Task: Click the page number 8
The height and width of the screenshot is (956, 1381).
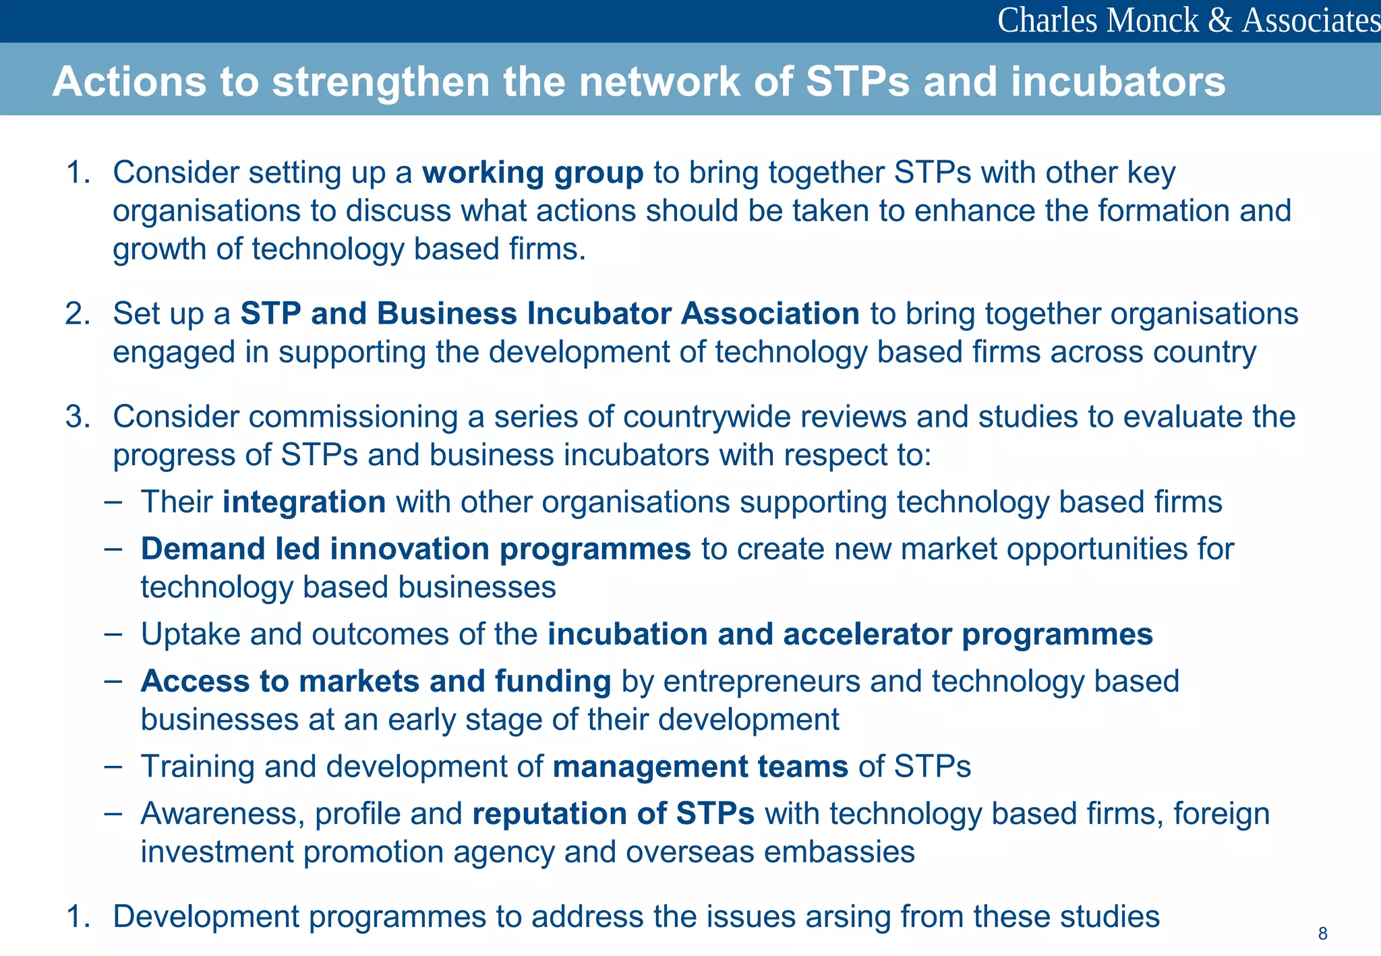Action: tap(1322, 934)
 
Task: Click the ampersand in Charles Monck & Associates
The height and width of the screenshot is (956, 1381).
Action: tap(1220, 20)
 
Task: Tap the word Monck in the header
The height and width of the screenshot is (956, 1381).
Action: tap(1152, 20)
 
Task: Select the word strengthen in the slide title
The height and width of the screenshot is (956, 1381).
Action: tap(380, 82)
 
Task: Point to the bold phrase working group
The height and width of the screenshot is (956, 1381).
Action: tap(533, 173)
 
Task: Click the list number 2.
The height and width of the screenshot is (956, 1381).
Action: tap(77, 314)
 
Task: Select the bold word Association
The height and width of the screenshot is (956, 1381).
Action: tap(770, 314)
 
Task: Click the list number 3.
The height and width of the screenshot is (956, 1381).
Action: tap(77, 417)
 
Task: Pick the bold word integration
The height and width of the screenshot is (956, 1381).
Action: tap(304, 502)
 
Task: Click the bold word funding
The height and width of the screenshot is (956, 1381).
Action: tap(552, 681)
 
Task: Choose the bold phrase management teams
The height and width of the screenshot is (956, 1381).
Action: tap(700, 767)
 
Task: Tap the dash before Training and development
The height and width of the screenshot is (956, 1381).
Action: tap(113, 767)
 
